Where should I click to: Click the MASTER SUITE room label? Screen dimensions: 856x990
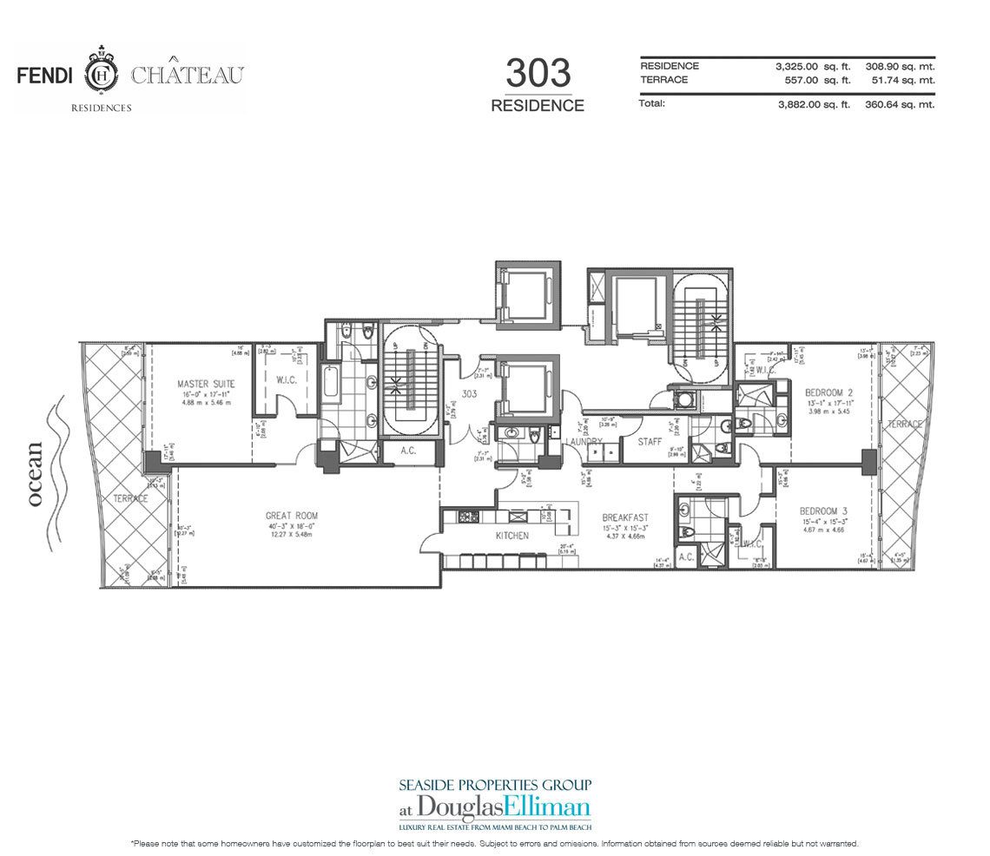tap(206, 383)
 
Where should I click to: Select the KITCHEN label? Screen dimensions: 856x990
tap(511, 536)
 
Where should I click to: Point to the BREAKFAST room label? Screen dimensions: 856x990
tap(625, 517)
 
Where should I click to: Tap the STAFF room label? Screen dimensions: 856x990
tap(650, 442)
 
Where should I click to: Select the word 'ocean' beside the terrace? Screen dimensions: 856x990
tap(35, 474)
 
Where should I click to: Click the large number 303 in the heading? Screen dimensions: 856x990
tap(538, 73)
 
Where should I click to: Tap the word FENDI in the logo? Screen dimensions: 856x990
tap(44, 75)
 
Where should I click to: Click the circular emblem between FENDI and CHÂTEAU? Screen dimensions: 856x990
tap(102, 75)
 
